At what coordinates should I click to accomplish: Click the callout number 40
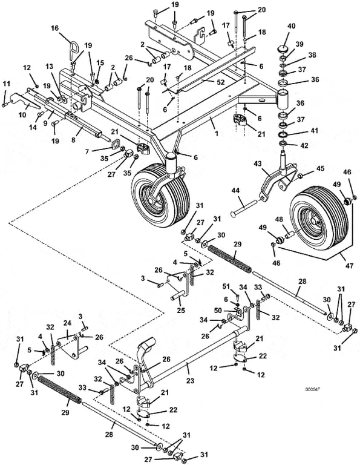click(x=291, y=26)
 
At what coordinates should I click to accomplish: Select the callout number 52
click(x=220, y=82)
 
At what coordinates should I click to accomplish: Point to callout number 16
click(x=55, y=28)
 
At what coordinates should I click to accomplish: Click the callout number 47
click(x=350, y=265)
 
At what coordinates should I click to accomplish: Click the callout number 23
click(x=190, y=380)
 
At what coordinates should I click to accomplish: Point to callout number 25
click(x=181, y=310)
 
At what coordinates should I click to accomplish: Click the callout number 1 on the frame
click(x=216, y=133)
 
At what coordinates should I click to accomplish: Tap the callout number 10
click(x=22, y=115)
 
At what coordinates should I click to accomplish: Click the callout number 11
click(x=6, y=84)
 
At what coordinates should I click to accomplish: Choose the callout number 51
click(x=226, y=286)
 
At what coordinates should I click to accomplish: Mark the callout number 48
click(x=279, y=219)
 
